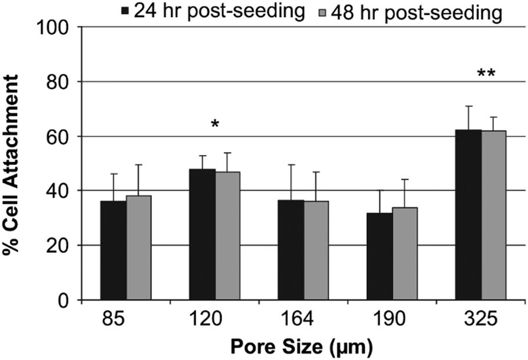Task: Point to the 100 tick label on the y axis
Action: [54, 27]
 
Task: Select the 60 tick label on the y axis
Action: [59, 136]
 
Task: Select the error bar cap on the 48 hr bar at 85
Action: [138, 165]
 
